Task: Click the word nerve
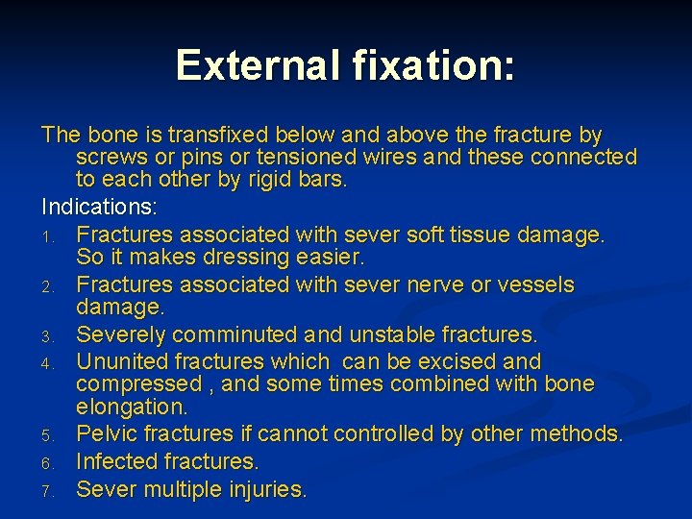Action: pyautogui.click(x=420, y=284)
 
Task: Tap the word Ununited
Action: pyautogui.click(x=119, y=361)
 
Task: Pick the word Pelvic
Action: pyautogui.click(x=108, y=434)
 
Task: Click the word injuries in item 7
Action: pyautogui.click(x=262, y=490)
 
